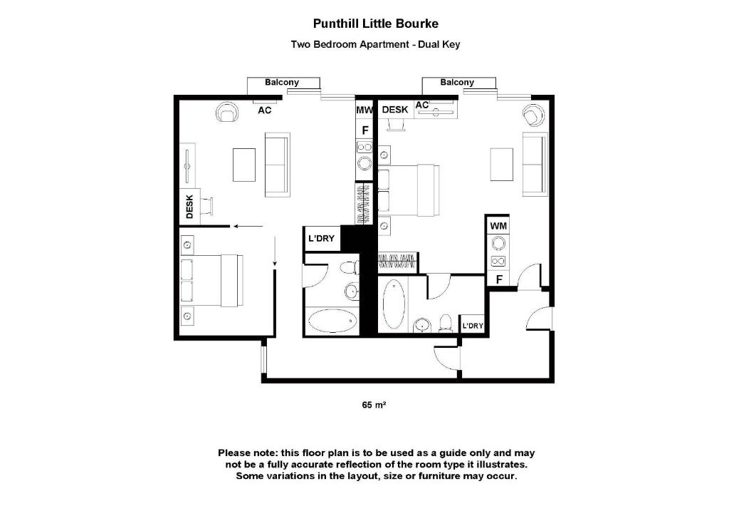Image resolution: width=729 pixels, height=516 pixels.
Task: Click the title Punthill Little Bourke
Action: tap(375, 24)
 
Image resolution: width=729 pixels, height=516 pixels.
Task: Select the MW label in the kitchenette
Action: tap(364, 110)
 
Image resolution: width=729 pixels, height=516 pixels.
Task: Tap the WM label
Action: tap(498, 226)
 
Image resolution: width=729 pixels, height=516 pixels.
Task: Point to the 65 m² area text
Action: tap(374, 405)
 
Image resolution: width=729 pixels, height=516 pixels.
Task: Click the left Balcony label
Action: tap(282, 83)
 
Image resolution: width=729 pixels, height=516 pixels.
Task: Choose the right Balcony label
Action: tap(457, 83)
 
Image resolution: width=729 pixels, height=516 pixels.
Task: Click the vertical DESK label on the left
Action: tap(189, 207)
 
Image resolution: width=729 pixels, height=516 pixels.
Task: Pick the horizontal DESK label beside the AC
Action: tap(395, 110)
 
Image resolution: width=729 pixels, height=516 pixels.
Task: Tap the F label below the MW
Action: tap(365, 130)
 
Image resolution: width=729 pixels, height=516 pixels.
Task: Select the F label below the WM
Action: tap(499, 279)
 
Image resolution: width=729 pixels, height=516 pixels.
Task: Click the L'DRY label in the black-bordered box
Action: tap(321, 239)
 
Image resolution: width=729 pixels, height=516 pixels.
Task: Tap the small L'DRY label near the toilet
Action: tap(473, 326)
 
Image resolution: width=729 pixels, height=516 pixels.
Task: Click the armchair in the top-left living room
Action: tap(229, 112)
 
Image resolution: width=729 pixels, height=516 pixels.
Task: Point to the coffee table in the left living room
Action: tap(244, 164)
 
